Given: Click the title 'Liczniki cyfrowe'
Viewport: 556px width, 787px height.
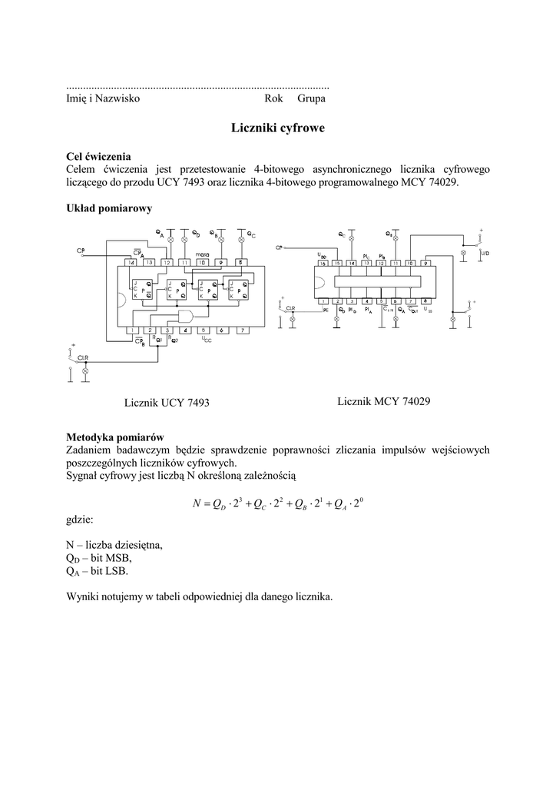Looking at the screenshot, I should tap(277, 128).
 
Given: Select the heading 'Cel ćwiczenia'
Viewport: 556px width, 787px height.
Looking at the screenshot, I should tap(98, 156).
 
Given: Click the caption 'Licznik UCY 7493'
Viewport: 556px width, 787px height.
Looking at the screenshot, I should tap(167, 403).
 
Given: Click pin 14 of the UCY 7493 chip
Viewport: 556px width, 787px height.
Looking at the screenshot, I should tap(131, 263).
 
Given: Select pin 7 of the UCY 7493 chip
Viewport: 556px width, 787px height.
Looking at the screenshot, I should tap(241, 330).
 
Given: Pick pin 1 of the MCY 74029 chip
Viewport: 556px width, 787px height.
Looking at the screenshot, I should tap(323, 301).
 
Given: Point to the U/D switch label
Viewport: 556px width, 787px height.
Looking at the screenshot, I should tap(485, 252).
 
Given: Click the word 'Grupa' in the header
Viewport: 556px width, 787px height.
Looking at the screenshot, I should tap(312, 99).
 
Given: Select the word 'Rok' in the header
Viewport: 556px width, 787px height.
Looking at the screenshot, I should tap(273, 99).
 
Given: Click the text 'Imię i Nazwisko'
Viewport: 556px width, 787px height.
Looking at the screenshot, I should tap(103, 99).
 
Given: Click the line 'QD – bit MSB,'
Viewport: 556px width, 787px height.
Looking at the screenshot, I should tap(99, 558).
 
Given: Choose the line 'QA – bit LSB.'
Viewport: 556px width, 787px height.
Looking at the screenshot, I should tap(98, 572).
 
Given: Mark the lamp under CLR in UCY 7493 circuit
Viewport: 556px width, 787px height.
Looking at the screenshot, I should tap(85, 370).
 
